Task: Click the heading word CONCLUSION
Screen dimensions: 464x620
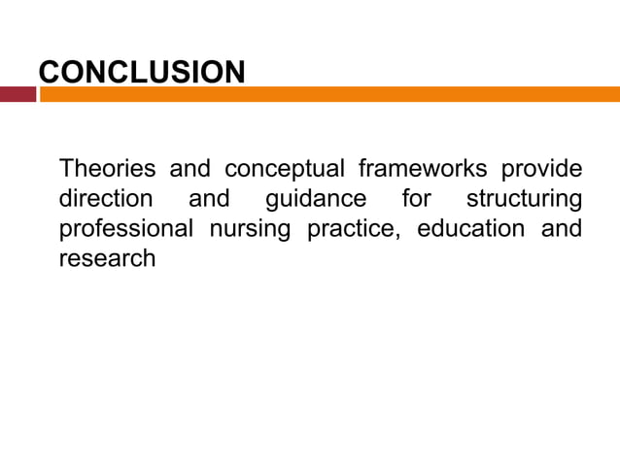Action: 141,72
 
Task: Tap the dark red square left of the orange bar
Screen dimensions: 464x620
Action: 17,94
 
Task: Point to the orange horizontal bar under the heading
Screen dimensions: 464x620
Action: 330,94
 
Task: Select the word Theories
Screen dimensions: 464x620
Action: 107,170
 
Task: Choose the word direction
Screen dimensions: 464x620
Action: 106,199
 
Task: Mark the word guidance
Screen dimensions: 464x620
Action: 315,200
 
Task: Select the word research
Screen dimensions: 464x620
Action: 107,259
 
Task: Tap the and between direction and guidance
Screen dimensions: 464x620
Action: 208,199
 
